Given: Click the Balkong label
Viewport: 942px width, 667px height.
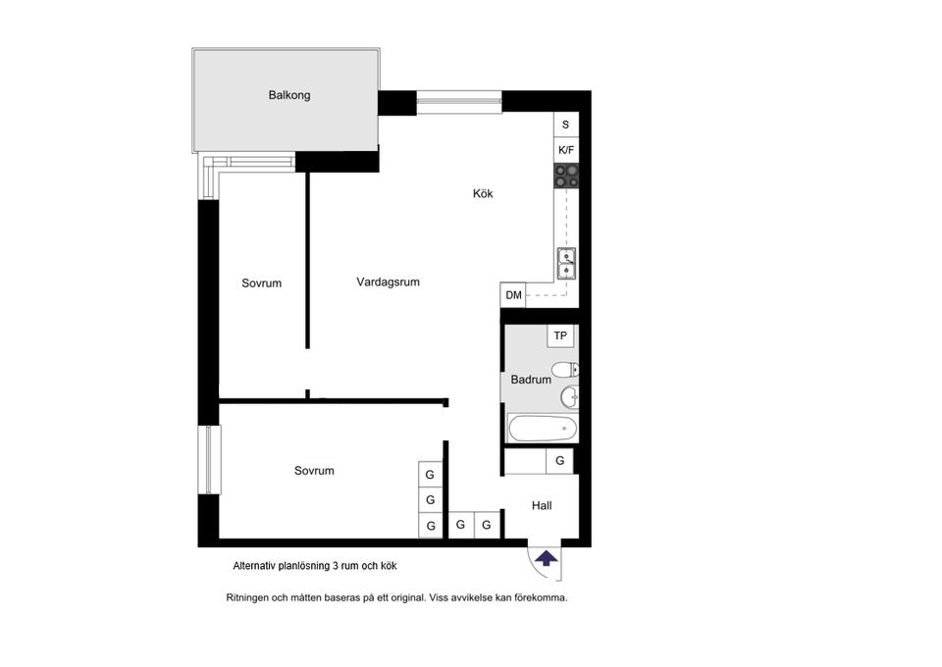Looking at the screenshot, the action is coord(288,95).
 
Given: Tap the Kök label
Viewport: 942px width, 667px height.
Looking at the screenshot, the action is coord(483,193).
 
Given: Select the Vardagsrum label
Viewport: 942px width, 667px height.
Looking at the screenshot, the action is coord(388,282).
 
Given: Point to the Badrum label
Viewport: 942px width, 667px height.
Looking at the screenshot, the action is coord(531,380).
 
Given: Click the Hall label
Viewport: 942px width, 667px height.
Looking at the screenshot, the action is coord(542,505).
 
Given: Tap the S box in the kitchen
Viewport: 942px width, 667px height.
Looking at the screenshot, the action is coord(565,125).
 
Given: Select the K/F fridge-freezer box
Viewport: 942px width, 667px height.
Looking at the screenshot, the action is coord(566,150).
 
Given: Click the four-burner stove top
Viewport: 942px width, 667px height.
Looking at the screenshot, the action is coord(566,176).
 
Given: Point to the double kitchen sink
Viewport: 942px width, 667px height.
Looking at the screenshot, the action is coord(566,264).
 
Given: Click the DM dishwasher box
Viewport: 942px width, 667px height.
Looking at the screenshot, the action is coord(513,295).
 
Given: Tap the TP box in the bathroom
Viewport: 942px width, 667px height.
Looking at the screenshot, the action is coord(560,335).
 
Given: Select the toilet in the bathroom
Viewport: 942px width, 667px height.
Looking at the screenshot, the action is coord(565,369).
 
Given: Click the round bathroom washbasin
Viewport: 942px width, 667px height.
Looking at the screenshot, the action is coord(569,396).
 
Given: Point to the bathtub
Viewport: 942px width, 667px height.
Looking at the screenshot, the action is coord(543,429).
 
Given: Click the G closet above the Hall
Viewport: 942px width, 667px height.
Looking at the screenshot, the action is coord(559,461).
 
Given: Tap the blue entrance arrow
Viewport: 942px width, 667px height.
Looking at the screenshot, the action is coord(547,559).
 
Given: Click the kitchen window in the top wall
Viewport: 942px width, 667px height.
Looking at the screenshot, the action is coord(459,101).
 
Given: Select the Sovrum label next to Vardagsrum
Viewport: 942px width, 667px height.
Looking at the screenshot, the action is coord(261,283).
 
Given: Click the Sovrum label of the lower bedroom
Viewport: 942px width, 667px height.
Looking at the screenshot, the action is coord(314,471).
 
